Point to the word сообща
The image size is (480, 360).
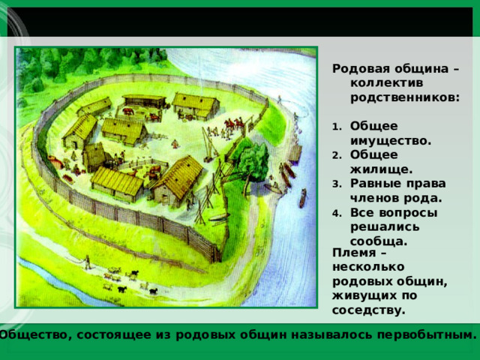pos(378,241)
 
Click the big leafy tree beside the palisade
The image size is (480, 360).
pos(248,158)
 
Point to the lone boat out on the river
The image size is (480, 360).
pos(302,198)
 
